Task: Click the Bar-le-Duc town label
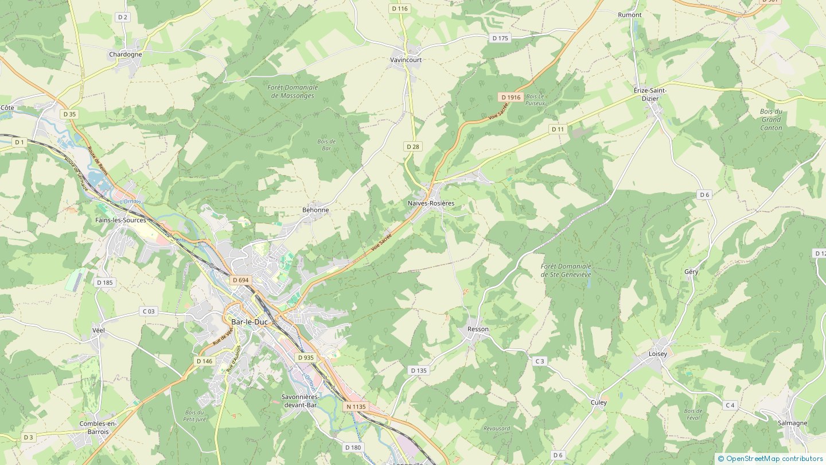[250, 322]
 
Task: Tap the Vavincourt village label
[406, 60]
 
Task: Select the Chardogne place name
[125, 55]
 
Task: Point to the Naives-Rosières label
[431, 203]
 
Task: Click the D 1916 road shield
[510, 98]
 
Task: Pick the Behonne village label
[315, 210]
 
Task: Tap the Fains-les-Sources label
[120, 220]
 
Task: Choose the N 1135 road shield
[356, 406]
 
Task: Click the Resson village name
[478, 330]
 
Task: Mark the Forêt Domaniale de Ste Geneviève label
[566, 270]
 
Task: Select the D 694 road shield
[241, 280]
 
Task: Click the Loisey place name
[658, 354]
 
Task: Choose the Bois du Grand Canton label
[771, 119]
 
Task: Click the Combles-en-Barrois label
[98, 428]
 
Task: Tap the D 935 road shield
[306, 357]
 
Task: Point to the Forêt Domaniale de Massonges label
[292, 91]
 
